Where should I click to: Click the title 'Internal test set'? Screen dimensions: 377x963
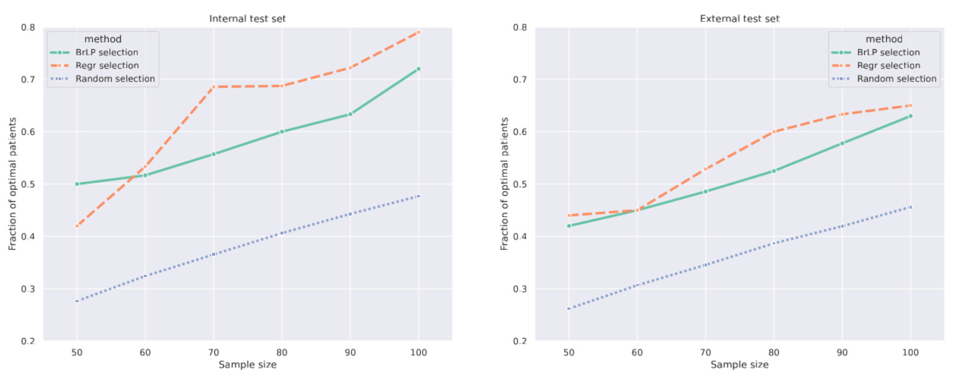point(247,18)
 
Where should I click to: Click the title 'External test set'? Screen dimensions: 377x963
point(739,18)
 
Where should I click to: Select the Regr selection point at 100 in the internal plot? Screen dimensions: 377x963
point(418,32)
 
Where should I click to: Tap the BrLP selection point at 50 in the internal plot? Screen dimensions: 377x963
point(77,184)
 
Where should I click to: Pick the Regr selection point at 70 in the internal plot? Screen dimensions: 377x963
point(213,87)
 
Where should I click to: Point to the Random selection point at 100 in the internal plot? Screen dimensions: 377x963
point(418,196)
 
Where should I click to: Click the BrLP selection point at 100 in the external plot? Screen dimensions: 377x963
point(910,116)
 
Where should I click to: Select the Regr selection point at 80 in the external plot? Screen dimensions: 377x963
point(774,131)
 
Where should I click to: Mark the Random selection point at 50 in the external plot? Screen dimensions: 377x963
point(568,308)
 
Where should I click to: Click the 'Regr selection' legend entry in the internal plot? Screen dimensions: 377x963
point(107,66)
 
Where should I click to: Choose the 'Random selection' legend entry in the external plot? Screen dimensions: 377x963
point(896,78)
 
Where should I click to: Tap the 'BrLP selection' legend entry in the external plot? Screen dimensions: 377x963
point(888,52)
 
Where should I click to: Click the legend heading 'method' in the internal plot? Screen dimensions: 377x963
point(103,39)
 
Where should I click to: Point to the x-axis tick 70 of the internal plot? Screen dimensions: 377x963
point(213,352)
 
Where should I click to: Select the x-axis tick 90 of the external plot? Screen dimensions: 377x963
point(842,352)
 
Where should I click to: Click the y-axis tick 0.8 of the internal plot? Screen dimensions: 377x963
point(28,27)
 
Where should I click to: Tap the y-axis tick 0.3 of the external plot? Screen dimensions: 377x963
point(520,289)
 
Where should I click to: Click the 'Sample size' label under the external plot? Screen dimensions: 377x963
point(739,364)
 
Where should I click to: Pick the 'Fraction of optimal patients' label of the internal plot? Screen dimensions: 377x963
point(12,184)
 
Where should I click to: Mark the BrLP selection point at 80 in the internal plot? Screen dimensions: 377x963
point(282,131)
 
